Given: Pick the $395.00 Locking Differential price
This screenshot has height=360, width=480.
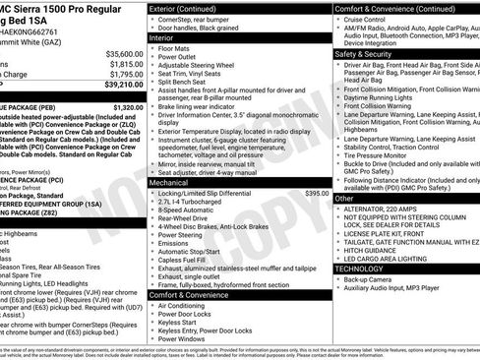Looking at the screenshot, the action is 317,194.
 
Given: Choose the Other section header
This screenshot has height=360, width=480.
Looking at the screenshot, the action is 344,199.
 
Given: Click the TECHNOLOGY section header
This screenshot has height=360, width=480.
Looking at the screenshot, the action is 359,269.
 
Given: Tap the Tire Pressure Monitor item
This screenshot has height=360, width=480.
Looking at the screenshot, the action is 379,155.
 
